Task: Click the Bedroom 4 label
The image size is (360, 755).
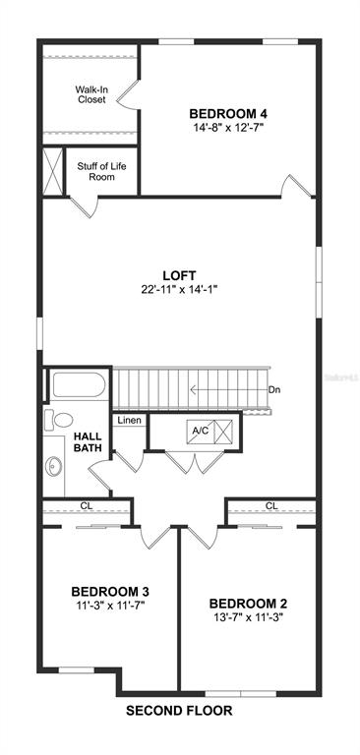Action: click(x=228, y=114)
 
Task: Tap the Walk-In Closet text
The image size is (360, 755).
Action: click(x=90, y=94)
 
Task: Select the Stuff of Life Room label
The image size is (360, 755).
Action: click(x=101, y=171)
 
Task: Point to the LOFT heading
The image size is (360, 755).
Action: click(x=179, y=276)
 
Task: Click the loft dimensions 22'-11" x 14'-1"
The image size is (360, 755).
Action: click(x=180, y=289)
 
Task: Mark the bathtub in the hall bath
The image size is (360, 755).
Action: click(x=79, y=384)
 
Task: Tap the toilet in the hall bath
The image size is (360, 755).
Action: click(x=58, y=420)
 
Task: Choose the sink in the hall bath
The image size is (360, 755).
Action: click(x=53, y=466)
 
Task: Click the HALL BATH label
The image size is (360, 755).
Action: click(x=88, y=442)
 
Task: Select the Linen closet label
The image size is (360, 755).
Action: click(x=130, y=421)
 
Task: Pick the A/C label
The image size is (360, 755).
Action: click(x=200, y=431)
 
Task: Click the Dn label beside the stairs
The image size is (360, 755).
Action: click(x=274, y=389)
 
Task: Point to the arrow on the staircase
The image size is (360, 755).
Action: click(x=228, y=389)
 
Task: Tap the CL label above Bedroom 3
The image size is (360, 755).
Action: click(x=87, y=506)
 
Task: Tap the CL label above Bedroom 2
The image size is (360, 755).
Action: click(x=271, y=506)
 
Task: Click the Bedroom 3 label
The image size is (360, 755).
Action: click(x=110, y=591)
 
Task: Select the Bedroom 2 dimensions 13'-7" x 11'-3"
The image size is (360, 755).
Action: click(x=249, y=617)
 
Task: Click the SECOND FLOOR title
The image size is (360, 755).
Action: click(x=179, y=710)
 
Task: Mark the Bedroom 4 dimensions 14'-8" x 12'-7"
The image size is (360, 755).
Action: click(x=228, y=128)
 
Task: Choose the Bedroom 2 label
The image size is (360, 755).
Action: click(x=249, y=604)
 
